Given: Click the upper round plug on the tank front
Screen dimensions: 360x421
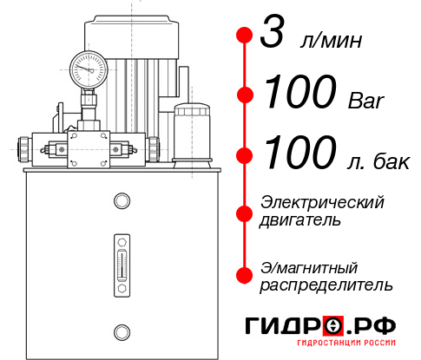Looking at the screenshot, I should (x=122, y=202).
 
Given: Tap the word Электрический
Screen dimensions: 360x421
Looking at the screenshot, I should (x=322, y=202).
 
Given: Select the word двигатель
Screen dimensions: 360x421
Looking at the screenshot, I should (x=300, y=219).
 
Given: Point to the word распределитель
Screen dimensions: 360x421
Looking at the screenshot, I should (x=326, y=285).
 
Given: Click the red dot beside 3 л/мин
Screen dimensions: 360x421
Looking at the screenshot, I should (x=244, y=36).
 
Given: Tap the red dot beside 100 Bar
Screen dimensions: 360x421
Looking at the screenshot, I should (x=244, y=94).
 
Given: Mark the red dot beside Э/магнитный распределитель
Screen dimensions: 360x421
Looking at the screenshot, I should (x=244, y=275).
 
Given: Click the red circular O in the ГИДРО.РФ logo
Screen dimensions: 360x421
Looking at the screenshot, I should (x=332, y=325).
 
